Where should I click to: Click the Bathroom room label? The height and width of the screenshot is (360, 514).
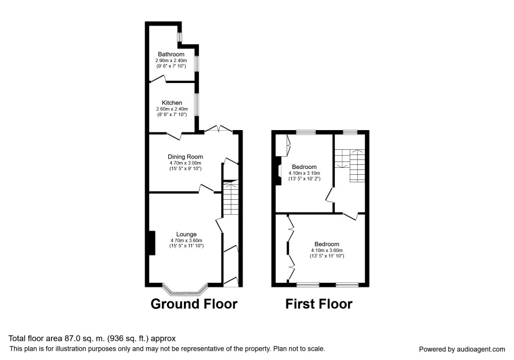click(171, 54)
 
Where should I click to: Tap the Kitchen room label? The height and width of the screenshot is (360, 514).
click(172, 103)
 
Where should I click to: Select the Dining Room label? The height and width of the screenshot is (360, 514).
click(185, 157)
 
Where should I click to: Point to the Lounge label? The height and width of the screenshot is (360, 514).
click(186, 235)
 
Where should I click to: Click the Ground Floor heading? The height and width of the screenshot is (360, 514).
click(194, 304)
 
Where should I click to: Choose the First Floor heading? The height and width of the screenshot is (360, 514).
click(318, 304)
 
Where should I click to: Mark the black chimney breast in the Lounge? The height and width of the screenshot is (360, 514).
click(151, 243)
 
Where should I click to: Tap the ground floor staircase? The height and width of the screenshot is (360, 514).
click(230, 198)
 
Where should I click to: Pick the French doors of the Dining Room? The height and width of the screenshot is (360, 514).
click(219, 129)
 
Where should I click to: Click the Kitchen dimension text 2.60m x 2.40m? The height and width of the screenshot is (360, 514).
click(172, 109)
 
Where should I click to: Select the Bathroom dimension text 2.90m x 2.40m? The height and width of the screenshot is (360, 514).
click(171, 61)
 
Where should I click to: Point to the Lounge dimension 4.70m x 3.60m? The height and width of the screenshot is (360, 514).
click(186, 240)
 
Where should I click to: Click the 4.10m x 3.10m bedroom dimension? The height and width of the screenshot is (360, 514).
click(304, 173)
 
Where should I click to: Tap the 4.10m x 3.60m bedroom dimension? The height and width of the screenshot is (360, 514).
click(327, 250)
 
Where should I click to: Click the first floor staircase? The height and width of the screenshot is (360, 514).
click(350, 165)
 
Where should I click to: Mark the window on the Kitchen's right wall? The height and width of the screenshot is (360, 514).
click(197, 105)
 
